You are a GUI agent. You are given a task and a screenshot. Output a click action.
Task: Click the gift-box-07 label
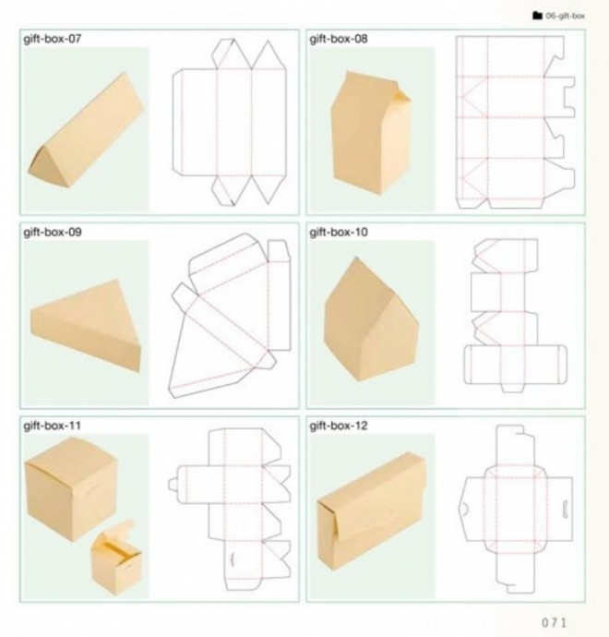53,39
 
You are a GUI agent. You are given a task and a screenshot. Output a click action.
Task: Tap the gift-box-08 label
339,39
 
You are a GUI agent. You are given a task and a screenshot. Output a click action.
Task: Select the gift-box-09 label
53,233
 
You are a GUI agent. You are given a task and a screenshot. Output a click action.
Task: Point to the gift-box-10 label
339,233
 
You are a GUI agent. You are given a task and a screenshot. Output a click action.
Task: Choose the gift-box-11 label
53,426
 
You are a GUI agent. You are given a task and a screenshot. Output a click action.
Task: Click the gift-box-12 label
339,426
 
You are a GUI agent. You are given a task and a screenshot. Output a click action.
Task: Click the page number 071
554,622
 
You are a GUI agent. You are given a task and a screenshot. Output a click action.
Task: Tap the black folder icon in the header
537,16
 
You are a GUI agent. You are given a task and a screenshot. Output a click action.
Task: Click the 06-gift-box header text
565,16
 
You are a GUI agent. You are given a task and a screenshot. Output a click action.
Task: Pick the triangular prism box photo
86,131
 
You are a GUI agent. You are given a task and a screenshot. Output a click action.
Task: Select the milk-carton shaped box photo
371,132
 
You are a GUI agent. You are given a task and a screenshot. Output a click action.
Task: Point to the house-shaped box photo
371,319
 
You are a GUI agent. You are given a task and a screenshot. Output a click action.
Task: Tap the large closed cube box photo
71,488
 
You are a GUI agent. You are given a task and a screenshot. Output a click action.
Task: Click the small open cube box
116,559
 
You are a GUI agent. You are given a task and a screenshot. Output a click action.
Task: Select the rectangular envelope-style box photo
372,511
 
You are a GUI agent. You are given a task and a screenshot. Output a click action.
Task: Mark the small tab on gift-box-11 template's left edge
173,485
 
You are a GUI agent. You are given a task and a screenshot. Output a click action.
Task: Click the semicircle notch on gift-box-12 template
465,509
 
